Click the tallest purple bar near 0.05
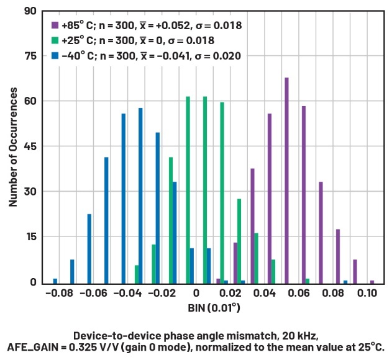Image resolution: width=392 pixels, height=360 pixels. coord(286,180)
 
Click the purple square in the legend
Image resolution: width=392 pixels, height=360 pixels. coord(55,26)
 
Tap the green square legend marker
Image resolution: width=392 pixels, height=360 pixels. coord(55,40)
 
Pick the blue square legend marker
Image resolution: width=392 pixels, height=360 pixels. coord(55,55)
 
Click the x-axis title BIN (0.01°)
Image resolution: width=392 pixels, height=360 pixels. coord(214,307)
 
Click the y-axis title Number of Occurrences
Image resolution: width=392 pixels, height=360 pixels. coord(13,147)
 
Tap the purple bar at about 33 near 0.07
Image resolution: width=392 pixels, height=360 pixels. coord(321,232)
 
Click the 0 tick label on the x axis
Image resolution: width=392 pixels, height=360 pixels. coord(196,292)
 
